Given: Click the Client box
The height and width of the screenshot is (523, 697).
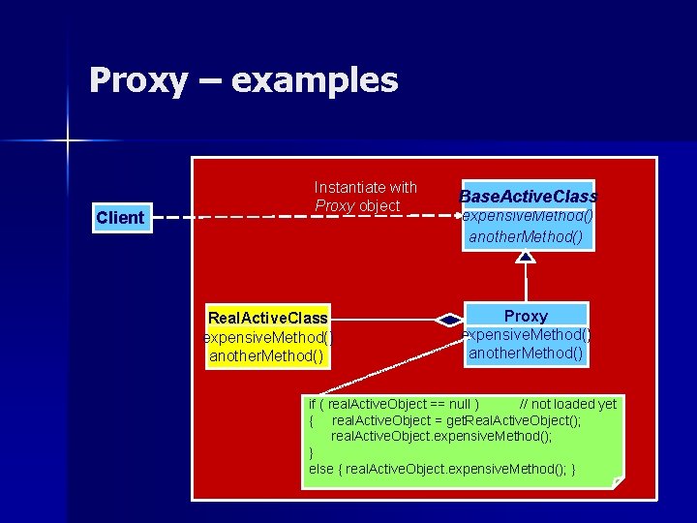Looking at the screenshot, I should tap(120, 218).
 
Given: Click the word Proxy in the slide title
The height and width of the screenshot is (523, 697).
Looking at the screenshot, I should tap(137, 80).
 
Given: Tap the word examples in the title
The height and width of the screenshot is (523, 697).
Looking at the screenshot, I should tap(315, 80).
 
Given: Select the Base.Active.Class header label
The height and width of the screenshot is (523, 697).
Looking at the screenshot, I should tap(528, 197).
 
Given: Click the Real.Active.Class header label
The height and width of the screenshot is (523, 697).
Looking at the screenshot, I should tap(268, 318).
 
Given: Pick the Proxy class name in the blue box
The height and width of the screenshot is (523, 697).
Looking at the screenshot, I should tap(526, 316).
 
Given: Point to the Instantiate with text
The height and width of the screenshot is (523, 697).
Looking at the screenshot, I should tap(365, 187).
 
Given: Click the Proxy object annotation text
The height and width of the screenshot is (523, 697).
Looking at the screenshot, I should tap(357, 206).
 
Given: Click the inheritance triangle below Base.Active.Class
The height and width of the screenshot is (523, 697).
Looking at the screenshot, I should tap(526, 257).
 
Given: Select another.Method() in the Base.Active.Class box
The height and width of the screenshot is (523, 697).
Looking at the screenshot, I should tap(526, 236).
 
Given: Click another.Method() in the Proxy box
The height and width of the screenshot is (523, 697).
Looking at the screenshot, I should tap(526, 353).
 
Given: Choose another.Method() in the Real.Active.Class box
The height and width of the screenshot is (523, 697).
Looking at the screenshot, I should tap(266, 355).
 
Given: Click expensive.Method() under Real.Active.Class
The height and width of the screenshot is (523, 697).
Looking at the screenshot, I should tap(268, 337).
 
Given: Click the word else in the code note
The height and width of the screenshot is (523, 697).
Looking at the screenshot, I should tap(320, 470).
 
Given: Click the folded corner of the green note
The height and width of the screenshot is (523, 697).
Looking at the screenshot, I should tap(618, 479).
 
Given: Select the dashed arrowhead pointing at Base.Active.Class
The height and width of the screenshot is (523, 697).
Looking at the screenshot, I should tap(453, 216).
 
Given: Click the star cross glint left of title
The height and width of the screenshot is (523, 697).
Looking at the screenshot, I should tap(68, 142).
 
